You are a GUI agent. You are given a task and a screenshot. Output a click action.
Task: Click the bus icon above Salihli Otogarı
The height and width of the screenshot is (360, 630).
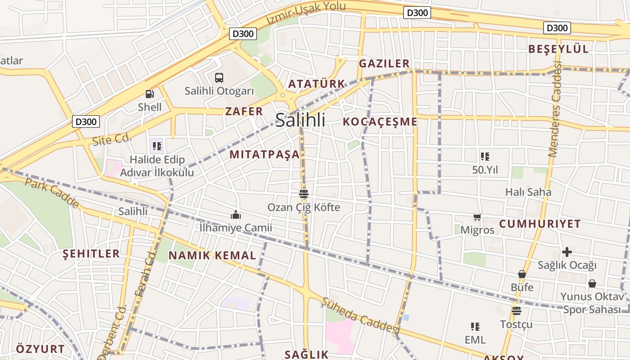(219, 78)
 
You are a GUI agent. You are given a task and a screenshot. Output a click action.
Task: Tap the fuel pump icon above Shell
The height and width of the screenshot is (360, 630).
(150, 94)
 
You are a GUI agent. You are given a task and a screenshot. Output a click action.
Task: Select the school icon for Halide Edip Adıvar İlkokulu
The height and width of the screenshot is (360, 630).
(157, 146)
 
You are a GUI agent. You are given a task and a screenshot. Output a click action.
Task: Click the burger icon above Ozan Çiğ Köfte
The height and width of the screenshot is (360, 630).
(304, 194)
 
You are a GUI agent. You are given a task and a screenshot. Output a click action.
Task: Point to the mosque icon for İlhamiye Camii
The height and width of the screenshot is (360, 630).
(235, 215)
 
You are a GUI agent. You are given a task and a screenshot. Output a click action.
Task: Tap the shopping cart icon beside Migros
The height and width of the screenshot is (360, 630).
(477, 217)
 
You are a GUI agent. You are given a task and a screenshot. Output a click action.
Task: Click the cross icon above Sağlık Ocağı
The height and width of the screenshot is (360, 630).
(567, 252)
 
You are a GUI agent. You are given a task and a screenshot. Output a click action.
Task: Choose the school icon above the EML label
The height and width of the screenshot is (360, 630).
(475, 326)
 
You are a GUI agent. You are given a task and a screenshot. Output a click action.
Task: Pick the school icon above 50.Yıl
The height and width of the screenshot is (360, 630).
(485, 157)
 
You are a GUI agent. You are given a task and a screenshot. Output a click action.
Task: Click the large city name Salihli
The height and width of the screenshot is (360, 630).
(300, 120)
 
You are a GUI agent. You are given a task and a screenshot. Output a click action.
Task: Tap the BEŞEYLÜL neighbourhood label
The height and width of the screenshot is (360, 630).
(558, 49)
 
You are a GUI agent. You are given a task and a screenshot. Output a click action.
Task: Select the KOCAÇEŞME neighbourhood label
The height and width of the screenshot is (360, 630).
(380, 121)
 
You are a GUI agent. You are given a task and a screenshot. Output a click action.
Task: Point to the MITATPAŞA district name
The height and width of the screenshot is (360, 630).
(264, 154)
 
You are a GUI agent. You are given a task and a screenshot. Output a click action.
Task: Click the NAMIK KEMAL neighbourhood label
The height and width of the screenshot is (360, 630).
(212, 256)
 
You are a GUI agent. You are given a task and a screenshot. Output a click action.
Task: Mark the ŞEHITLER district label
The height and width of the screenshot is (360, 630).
(91, 254)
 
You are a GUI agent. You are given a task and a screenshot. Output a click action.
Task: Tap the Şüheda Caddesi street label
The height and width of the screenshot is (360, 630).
(360, 315)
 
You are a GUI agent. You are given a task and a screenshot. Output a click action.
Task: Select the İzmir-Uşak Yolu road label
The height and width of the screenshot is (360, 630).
(306, 13)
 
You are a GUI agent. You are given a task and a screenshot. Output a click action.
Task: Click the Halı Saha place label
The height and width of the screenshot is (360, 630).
(528, 192)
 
